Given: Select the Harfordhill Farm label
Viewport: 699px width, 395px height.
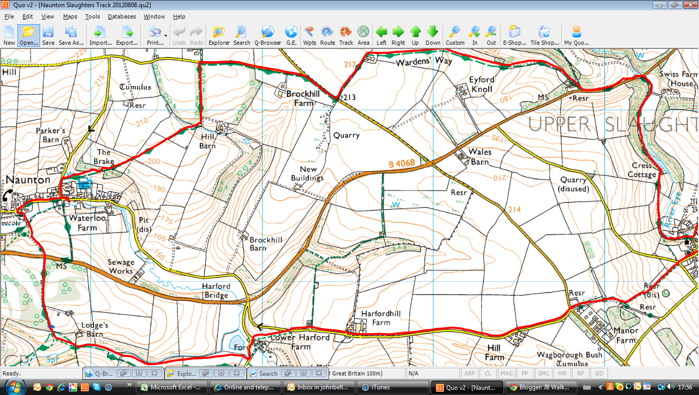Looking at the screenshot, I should point(380,318).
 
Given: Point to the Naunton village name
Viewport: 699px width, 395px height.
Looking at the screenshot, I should point(28,180).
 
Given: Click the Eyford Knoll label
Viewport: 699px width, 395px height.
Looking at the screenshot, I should point(481,84).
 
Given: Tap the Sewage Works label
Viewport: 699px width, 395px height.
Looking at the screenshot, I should point(121,266).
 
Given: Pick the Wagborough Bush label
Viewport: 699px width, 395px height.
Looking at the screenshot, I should point(569,355).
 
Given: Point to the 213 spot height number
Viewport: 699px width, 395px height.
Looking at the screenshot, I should point(350,97).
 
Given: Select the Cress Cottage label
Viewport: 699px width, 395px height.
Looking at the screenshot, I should point(642,170).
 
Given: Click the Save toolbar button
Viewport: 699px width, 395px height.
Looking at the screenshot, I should point(48,35).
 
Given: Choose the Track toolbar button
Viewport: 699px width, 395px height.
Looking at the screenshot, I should point(346,35).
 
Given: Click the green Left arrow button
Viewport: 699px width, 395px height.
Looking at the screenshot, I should point(381,35).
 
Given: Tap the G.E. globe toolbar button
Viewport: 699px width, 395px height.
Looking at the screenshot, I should point(291,35).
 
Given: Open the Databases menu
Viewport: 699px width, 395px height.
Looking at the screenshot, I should point(122,16).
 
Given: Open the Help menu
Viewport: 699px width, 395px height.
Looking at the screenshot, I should point(179,16).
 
